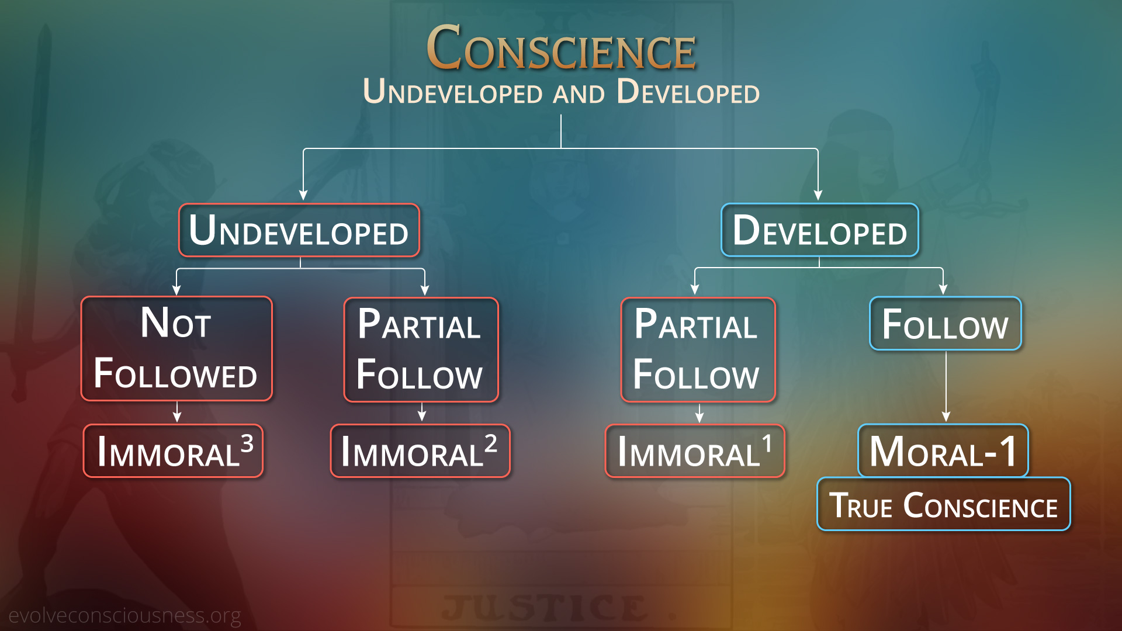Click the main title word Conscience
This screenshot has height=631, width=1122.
click(x=561, y=48)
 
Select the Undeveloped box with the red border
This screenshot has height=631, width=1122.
click(x=299, y=230)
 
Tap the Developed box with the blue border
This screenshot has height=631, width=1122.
click(x=819, y=230)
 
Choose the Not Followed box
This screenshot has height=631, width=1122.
click(x=176, y=349)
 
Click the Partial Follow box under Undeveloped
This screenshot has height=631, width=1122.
click(x=421, y=350)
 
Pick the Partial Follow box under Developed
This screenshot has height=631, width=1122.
click(x=698, y=350)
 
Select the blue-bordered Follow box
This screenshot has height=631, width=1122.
click(x=945, y=324)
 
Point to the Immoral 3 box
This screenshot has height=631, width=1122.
click(x=173, y=451)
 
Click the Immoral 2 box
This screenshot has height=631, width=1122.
click(x=420, y=451)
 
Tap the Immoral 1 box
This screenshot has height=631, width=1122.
click(x=695, y=451)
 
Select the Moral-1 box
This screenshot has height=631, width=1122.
click(x=943, y=450)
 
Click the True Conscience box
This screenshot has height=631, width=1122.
click(x=943, y=504)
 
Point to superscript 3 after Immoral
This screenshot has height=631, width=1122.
click(x=247, y=443)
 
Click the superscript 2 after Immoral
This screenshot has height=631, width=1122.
click(x=491, y=443)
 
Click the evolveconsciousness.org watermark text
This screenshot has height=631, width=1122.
click(x=124, y=615)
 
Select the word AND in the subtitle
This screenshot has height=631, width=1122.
click(x=579, y=94)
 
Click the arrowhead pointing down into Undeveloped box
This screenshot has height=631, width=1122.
click(x=303, y=195)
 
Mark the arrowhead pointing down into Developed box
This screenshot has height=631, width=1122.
click(x=818, y=195)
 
